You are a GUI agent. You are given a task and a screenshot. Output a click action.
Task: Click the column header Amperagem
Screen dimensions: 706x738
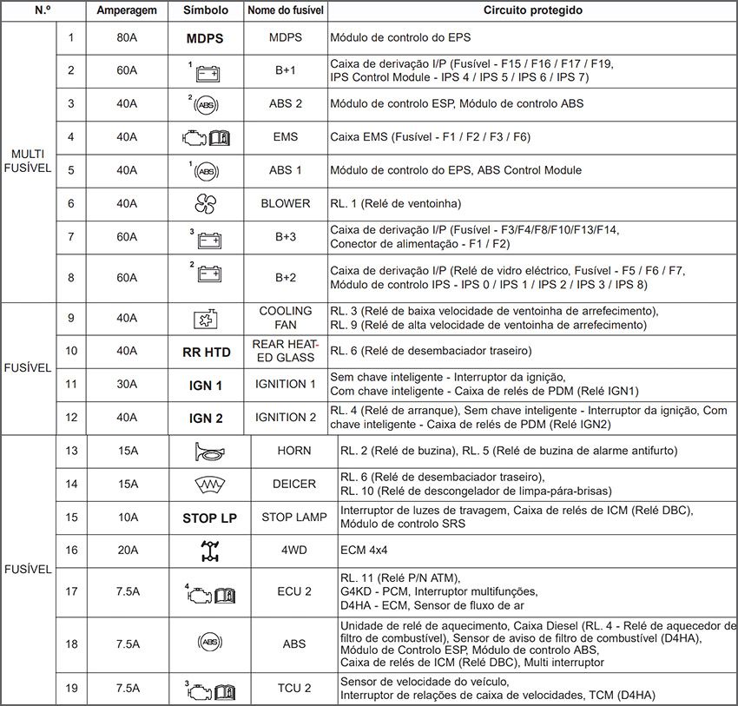(127, 10)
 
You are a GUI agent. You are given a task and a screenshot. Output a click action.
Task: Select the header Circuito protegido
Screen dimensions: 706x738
(532, 10)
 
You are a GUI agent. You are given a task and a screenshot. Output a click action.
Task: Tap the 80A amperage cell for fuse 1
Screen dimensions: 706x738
(127, 38)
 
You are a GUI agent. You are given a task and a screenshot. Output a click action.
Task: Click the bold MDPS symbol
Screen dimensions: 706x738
(205, 39)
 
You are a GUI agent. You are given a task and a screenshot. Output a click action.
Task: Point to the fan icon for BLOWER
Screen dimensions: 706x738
(206, 203)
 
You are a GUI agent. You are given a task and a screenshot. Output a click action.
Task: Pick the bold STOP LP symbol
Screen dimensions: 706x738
(209, 518)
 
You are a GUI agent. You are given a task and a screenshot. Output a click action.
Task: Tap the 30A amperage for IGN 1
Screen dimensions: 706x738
(127, 385)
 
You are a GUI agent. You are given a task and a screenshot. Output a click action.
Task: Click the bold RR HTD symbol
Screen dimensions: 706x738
(206, 352)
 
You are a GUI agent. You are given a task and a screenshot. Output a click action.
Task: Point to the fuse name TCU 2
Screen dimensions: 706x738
(294, 689)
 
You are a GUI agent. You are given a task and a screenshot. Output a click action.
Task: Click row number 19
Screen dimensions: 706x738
(71, 689)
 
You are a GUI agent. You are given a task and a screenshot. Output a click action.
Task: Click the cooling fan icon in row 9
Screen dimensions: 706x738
(206, 319)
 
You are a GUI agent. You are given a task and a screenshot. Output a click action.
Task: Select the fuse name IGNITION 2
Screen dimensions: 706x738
(286, 417)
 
